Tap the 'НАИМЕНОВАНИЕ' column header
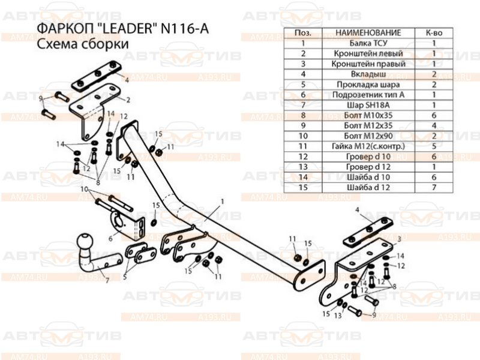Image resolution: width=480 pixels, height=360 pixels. [367, 32]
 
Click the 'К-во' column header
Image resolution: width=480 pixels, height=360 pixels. [433, 32]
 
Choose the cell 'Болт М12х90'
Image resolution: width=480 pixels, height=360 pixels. [367, 136]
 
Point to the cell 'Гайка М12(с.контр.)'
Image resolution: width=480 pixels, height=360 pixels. [367, 146]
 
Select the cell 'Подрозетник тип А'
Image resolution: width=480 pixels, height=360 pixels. [367, 94]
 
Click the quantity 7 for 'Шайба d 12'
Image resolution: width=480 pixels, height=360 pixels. [433, 187]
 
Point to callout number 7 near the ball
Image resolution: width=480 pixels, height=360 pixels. [107, 280]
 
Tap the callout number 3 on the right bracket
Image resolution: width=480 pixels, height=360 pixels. [398, 239]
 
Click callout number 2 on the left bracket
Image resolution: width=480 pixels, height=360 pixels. [127, 99]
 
